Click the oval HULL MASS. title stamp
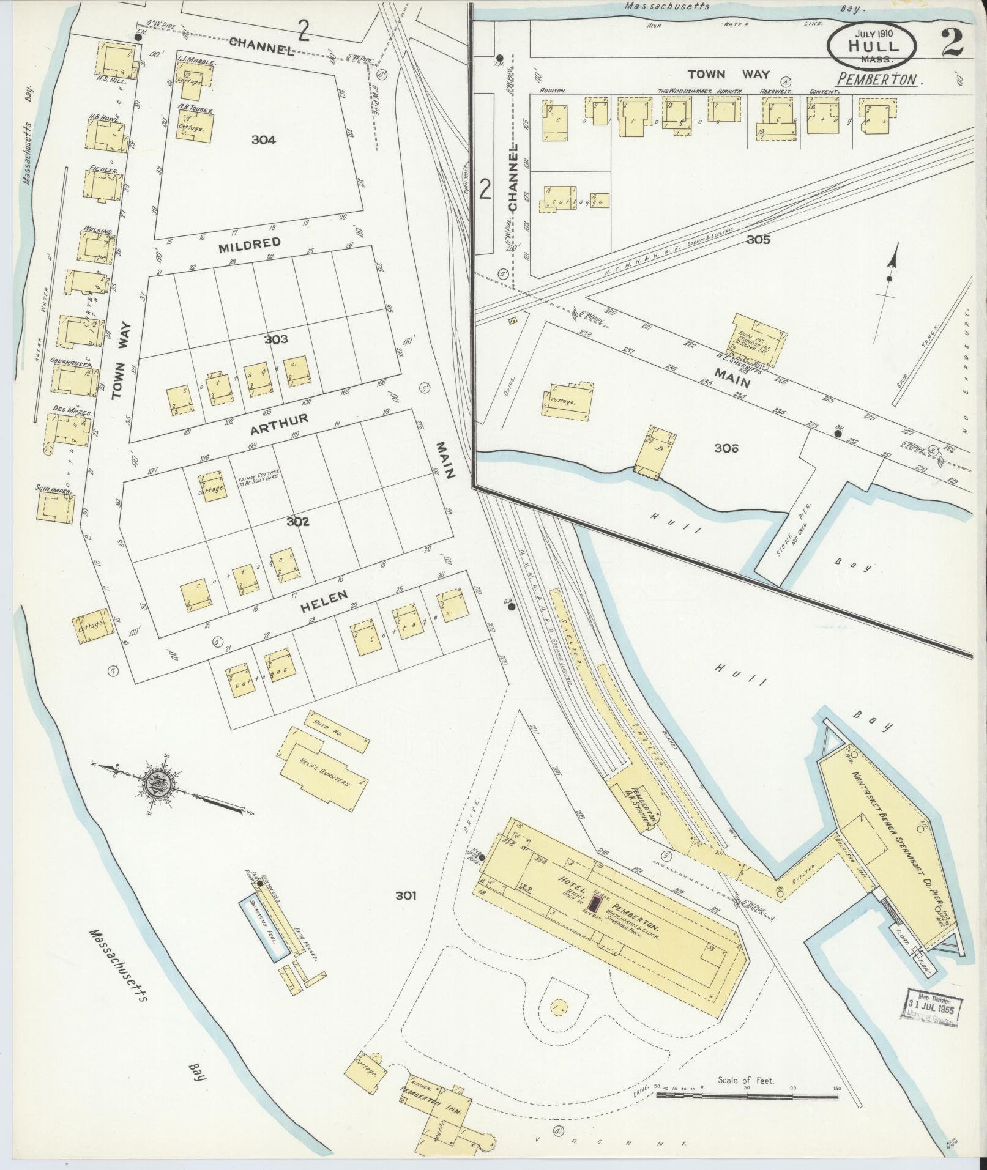[x=873, y=47]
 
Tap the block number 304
[x=263, y=140]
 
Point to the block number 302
[x=298, y=522]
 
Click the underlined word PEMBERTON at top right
[x=881, y=80]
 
